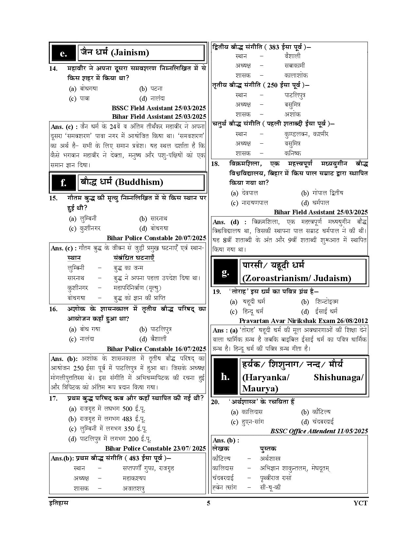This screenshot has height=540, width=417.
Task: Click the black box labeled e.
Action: pyautogui.click(x=63, y=53)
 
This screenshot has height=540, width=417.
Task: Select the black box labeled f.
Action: pyautogui.click(x=63, y=183)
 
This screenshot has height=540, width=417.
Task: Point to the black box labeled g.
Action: pyautogui.click(x=225, y=272)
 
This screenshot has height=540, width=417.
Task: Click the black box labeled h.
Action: pyautogui.click(x=225, y=376)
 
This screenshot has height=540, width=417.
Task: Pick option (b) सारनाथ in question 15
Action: pyautogui.click(x=154, y=219)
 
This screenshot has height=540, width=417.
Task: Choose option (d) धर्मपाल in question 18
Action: pyautogui.click(x=315, y=203)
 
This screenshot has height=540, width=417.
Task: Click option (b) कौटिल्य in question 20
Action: pyautogui.click(x=316, y=412)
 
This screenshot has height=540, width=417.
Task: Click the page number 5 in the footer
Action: pyautogui.click(x=208, y=503)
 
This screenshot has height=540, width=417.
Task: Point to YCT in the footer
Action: pyautogui.click(x=361, y=503)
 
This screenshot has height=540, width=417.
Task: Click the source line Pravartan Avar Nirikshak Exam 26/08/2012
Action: pyautogui.click(x=303, y=321)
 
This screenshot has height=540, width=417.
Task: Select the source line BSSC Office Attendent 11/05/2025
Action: pyautogui.click(x=319, y=431)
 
